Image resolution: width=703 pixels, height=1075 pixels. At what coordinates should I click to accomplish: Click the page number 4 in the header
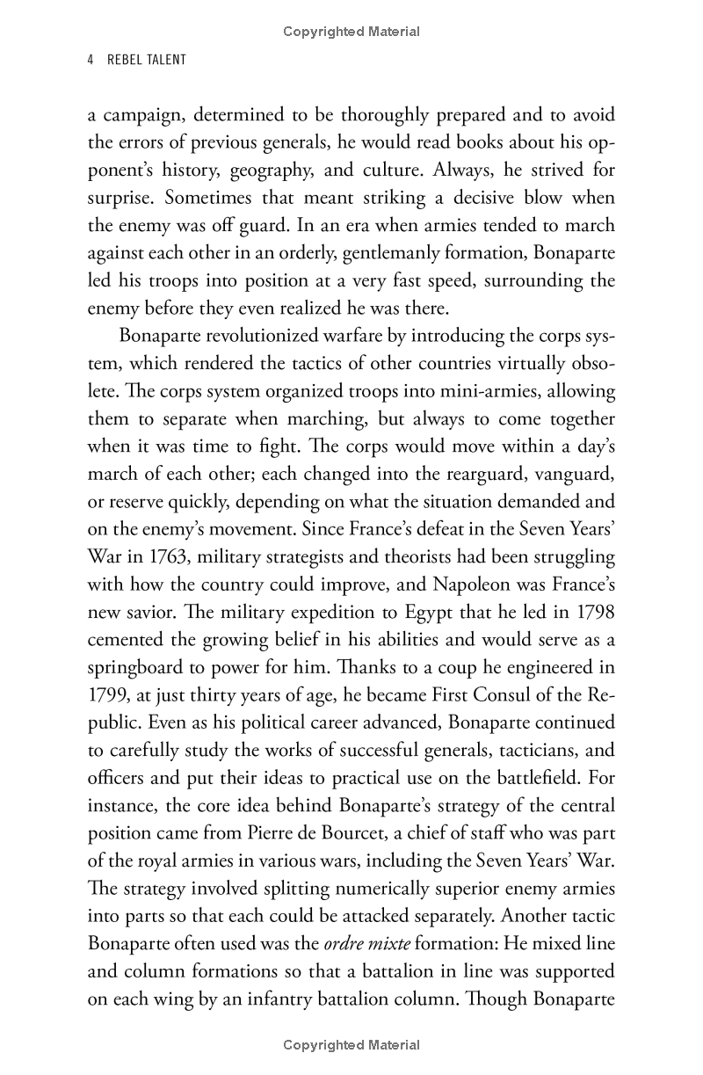(91, 60)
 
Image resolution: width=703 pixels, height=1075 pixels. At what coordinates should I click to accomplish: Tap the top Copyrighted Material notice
(351, 32)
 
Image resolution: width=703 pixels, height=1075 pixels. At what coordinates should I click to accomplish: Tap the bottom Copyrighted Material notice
(351, 1045)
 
